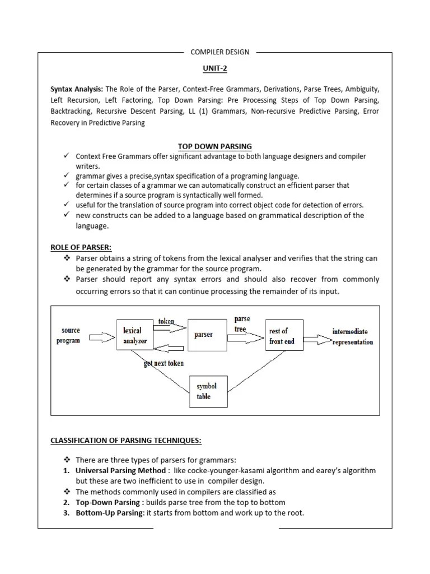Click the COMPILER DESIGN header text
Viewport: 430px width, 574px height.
(220, 52)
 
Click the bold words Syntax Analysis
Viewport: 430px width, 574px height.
(77, 89)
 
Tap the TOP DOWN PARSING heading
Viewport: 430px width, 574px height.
(215, 146)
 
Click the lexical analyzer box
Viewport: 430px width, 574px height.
(134, 335)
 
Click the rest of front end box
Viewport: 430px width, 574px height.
(284, 335)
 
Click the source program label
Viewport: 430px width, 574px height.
(69, 335)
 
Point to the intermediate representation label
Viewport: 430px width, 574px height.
(353, 336)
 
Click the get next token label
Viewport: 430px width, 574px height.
(163, 363)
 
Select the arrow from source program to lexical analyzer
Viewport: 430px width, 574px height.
(101, 337)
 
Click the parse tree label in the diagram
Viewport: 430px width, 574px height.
(241, 324)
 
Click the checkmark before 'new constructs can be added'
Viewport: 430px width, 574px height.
(66, 215)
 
